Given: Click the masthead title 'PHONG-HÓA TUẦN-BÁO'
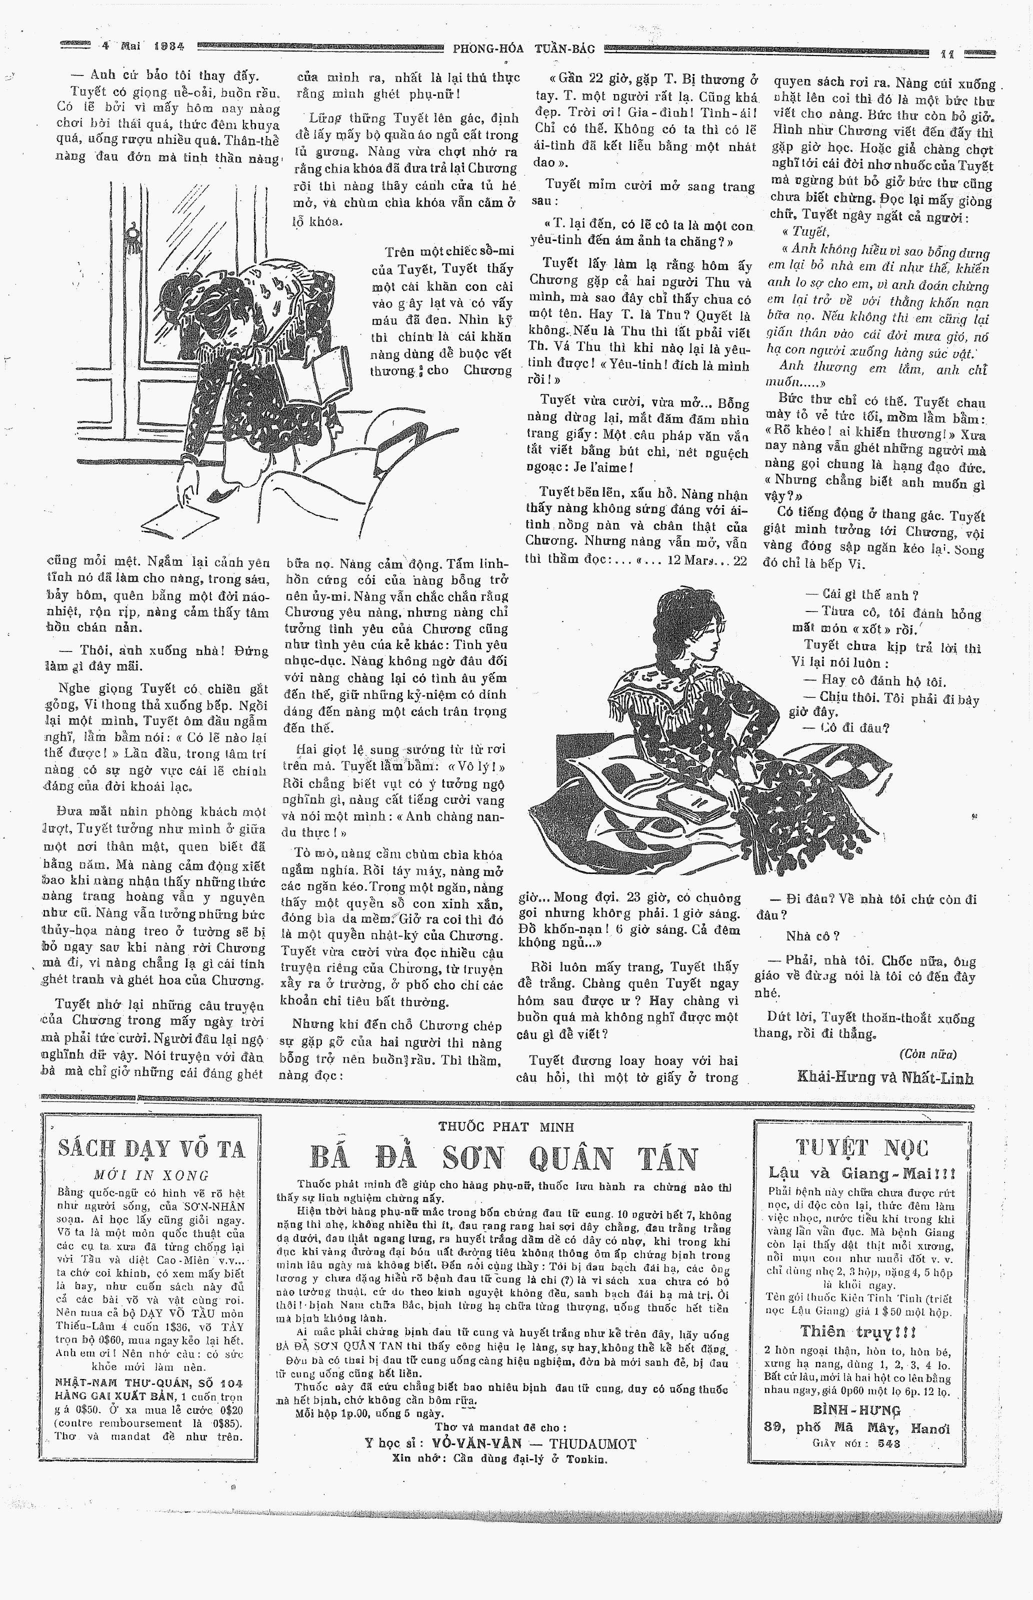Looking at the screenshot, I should tap(524, 49).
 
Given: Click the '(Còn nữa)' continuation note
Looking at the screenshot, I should tap(927, 1053).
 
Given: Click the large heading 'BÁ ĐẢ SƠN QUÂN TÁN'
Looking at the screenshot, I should tap(504, 1159).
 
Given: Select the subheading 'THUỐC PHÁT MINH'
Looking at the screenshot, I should tap(506, 1127).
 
